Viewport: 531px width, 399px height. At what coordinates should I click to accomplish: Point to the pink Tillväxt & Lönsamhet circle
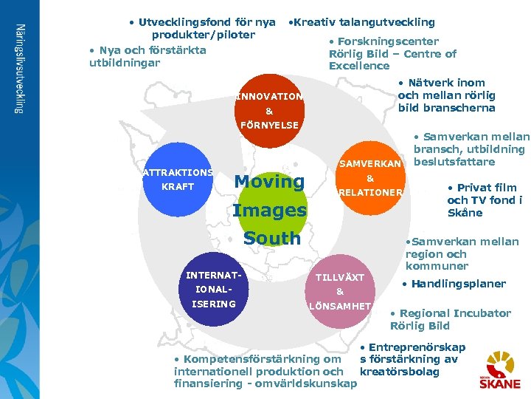pos(340,291)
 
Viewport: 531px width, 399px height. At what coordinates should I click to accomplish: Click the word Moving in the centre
pos(269,182)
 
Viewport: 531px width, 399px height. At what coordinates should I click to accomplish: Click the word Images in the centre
pos(269,211)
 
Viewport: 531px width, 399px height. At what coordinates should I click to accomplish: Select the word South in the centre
pos(271,239)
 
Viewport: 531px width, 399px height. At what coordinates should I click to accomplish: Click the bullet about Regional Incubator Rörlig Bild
pos(450,319)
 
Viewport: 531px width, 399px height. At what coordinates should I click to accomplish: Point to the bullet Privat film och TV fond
pos(485,200)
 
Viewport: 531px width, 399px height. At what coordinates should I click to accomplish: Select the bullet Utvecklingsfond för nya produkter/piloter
pos(202,28)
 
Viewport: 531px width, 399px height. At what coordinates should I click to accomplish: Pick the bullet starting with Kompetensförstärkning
pos(265,372)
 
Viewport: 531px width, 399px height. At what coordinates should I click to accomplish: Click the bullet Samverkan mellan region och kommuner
pos(461,253)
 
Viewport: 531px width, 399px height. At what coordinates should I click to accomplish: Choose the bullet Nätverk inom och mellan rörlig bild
pos(446,95)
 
